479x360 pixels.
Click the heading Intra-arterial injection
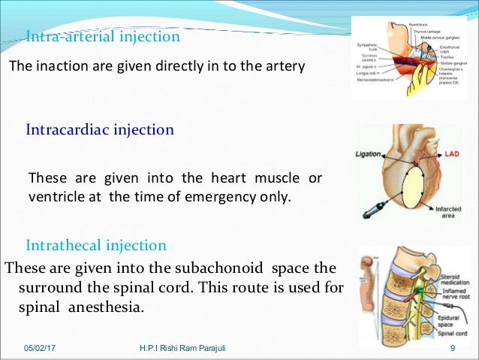[x=103, y=36]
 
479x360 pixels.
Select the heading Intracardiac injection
[x=100, y=129]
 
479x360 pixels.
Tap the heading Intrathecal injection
[x=96, y=246]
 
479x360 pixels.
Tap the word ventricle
[x=54, y=197]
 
